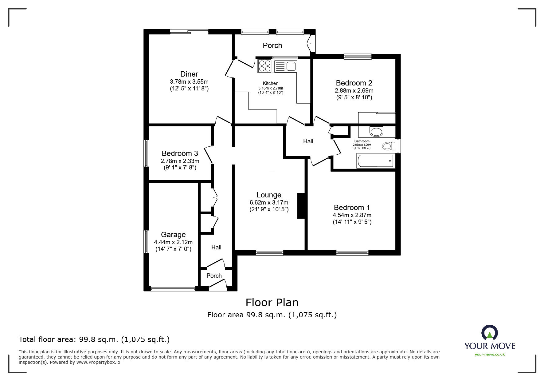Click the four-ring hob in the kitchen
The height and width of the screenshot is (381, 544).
coord(264,66)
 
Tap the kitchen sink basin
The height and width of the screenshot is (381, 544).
coord(291,66)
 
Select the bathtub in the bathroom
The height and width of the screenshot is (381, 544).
coord(375,161)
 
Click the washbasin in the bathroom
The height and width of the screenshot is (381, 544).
coord(376,132)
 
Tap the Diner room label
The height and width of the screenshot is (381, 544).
coord(189,74)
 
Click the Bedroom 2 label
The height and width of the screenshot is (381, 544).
coord(354,83)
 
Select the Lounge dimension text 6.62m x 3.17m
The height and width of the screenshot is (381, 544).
coord(269,203)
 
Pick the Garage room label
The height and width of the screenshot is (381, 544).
coord(173,235)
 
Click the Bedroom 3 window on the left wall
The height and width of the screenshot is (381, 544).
coord(147,153)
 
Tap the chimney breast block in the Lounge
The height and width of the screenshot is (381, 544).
coord(301,205)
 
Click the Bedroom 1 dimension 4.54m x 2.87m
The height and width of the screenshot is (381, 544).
coord(352,215)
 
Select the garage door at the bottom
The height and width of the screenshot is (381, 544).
coord(173,289)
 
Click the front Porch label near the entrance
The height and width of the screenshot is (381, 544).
coord(214,276)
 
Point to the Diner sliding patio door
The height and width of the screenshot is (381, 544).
coord(189,31)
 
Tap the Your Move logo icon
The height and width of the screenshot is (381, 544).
coord(489,333)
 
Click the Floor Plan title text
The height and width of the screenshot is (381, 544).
coord(272,303)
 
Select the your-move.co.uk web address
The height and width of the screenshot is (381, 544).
coord(490,355)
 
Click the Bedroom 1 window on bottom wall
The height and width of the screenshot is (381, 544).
coord(352,252)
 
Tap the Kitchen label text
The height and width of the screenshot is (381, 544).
coord(271,83)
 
